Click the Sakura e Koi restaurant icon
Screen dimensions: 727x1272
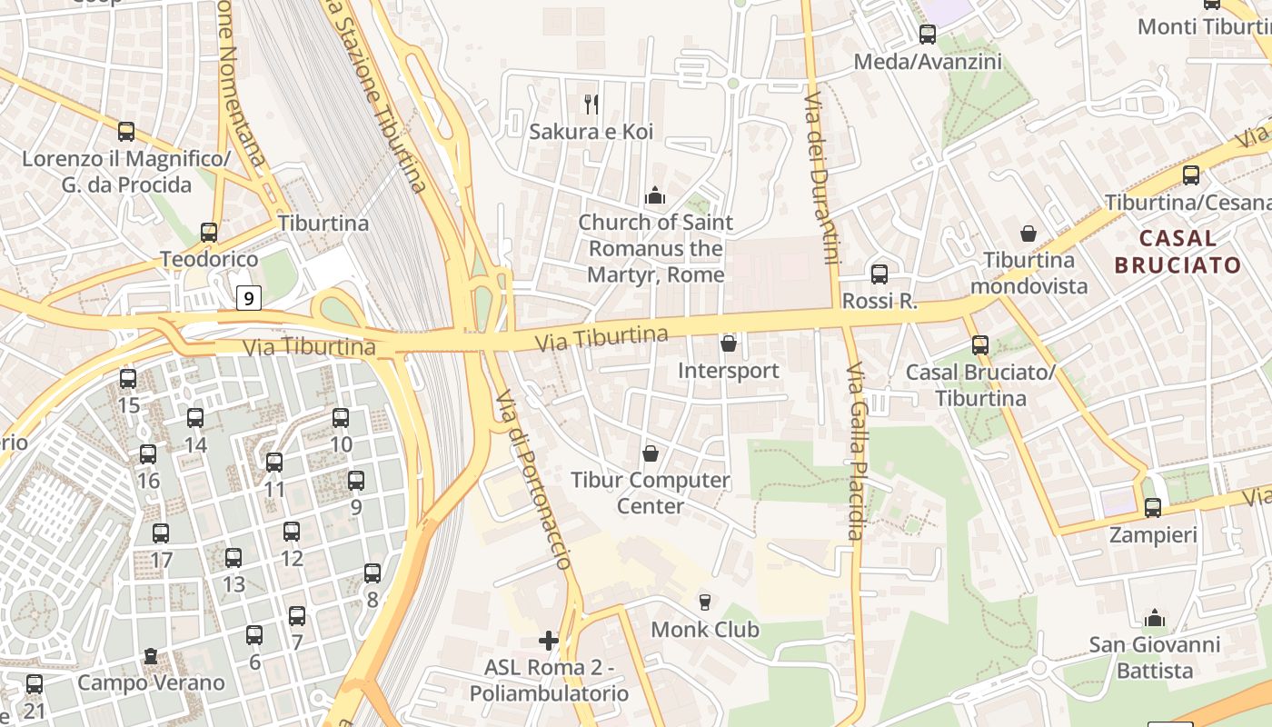[591, 105]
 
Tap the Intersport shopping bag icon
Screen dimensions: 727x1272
[728, 344]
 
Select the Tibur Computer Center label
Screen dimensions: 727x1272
[650, 493]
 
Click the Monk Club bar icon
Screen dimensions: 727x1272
[704, 602]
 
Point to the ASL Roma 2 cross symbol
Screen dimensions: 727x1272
[549, 641]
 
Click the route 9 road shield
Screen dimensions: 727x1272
[249, 297]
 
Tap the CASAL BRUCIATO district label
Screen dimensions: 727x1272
[1177, 252]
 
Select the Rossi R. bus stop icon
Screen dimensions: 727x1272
[879, 274]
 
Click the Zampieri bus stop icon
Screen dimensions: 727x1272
[1153, 507]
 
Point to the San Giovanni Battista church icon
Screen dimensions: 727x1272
[1155, 618]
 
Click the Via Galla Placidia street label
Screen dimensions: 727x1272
[855, 452]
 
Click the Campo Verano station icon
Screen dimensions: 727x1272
[151, 655]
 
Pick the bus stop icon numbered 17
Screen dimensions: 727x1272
[161, 533]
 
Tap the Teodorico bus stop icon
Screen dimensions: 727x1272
[209, 232]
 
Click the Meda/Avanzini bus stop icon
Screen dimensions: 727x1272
[927, 35]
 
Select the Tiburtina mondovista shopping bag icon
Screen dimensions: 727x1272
[1029, 234]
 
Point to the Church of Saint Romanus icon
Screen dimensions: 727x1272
[654, 195]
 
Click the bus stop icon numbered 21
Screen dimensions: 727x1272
[35, 683]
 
